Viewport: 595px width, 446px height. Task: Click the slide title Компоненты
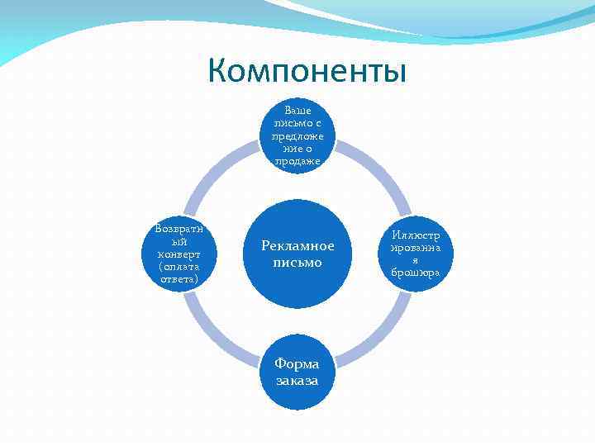coord(307,70)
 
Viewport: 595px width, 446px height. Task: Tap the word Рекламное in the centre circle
coord(297,246)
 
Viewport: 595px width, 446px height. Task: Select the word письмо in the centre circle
coord(297,263)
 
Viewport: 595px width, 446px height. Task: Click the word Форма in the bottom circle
coord(297,365)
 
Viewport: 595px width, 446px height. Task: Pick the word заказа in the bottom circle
coord(297,381)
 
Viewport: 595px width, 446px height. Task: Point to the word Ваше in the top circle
coord(297,109)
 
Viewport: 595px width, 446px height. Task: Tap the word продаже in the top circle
coord(297,160)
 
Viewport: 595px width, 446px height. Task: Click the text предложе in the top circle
coord(297,135)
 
